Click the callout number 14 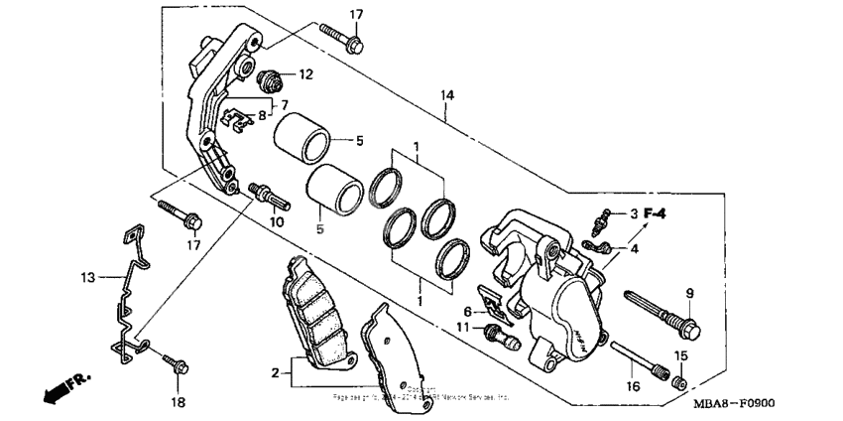(x=447, y=94)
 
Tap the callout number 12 (x=304, y=73)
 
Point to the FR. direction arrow (x=61, y=390)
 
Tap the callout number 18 (x=178, y=402)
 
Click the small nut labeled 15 (x=679, y=382)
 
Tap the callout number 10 (x=276, y=221)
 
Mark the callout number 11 (x=463, y=327)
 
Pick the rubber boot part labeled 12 (x=265, y=77)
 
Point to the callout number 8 (x=262, y=115)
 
